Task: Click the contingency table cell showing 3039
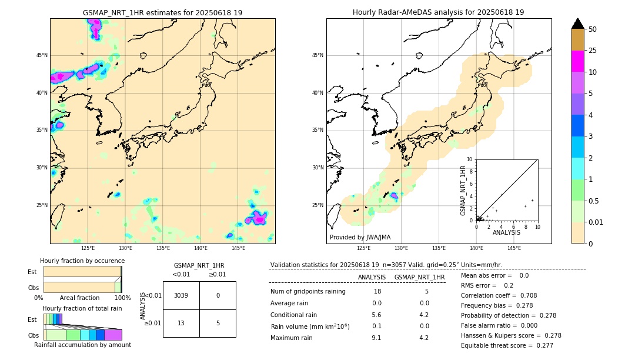[x=181, y=295]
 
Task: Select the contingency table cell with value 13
[x=181, y=323]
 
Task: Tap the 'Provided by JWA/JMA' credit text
[x=360, y=237]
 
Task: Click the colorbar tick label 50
[x=593, y=29]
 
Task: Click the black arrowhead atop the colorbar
[x=578, y=24]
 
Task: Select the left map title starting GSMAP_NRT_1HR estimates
[x=162, y=12]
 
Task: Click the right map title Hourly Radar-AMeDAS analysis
[x=439, y=12]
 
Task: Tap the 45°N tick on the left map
[x=42, y=55]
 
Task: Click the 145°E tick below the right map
[x=514, y=248]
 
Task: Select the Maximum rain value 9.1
[x=376, y=338]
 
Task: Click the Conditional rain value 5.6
[x=376, y=314]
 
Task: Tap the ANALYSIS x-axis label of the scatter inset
[x=506, y=232]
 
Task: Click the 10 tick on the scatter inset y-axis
[x=470, y=159]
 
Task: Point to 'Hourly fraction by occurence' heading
[x=82, y=261]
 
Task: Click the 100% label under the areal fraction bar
[x=122, y=298]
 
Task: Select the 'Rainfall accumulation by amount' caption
[x=82, y=345]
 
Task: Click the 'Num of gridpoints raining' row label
[x=308, y=291]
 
